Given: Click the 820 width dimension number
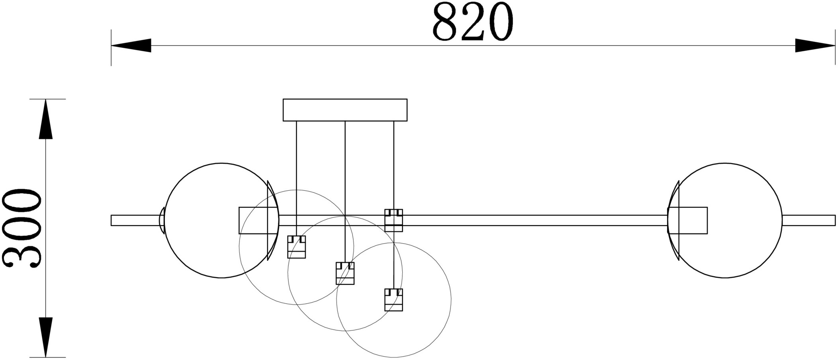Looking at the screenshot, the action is pyautogui.click(x=472, y=22).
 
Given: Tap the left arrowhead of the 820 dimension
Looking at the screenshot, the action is pyautogui.click(x=131, y=45).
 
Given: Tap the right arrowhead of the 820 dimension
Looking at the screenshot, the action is pyautogui.click(x=815, y=45).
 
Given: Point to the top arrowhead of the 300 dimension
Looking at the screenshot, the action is pyautogui.click(x=46, y=119).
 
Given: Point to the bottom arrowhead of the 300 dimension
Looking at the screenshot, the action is pyautogui.click(x=46, y=337).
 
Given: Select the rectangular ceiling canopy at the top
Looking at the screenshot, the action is pyautogui.click(x=345, y=110).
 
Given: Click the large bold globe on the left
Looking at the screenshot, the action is pyautogui.click(x=165, y=220).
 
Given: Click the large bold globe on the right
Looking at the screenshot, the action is pyautogui.click(x=782, y=220).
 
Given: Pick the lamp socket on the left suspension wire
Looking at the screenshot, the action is pyautogui.click(x=296, y=247).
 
